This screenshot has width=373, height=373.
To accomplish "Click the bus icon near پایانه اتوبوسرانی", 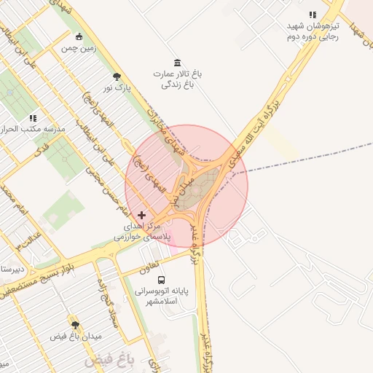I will [161, 280].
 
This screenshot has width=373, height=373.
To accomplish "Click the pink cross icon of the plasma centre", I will [141, 215].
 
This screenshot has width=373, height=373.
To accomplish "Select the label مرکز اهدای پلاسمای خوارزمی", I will [142, 232].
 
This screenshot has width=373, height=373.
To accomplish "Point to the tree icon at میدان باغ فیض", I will [74, 323].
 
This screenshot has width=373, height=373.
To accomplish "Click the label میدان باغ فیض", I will [76, 336].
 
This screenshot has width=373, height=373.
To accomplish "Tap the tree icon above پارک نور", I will [116, 76].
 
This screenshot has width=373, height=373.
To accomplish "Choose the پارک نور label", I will [117, 88].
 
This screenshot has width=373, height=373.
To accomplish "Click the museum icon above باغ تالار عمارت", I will [176, 63].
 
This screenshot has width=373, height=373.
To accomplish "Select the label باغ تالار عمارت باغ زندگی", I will [176, 79].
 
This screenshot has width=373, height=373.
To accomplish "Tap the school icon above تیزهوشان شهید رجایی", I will [313, 15].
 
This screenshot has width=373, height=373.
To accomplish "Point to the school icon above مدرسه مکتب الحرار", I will [33, 117].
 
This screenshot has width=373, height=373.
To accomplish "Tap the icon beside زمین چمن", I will [79, 37].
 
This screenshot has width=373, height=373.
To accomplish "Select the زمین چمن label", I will [78, 49].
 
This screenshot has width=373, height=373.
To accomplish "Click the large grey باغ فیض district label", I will [109, 360].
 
